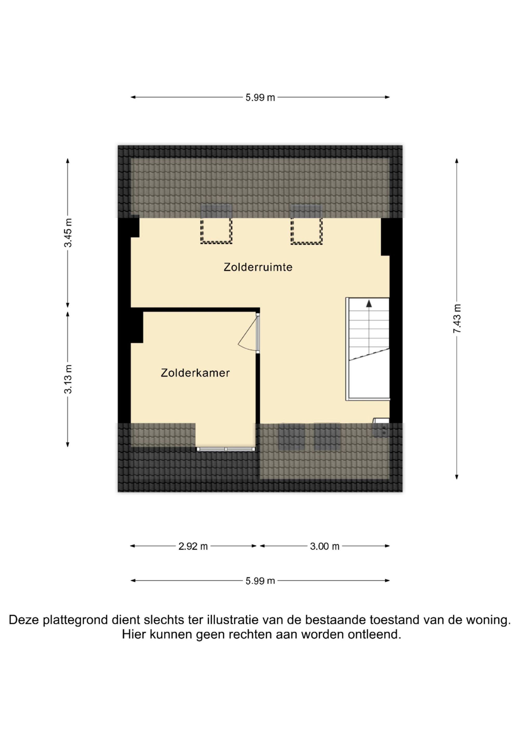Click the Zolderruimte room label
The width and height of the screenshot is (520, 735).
click(x=258, y=267)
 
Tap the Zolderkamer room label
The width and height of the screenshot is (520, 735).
click(x=195, y=373)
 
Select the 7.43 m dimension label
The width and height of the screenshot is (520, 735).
click(x=457, y=319)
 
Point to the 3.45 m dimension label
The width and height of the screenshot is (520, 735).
click(x=68, y=233)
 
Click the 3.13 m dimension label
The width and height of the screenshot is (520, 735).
click(x=68, y=379)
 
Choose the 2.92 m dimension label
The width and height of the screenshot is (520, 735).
click(x=193, y=546)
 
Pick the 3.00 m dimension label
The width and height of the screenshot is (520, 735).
click(x=324, y=546)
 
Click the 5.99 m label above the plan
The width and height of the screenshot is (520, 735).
click(x=260, y=97)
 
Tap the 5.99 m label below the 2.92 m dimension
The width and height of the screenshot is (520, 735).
click(x=260, y=581)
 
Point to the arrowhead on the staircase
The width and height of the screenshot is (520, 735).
click(x=369, y=303)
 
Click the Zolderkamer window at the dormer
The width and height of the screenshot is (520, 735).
click(x=226, y=449)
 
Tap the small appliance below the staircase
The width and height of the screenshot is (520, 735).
click(x=381, y=427)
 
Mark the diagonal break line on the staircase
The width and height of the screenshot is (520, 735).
click(x=369, y=355)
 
